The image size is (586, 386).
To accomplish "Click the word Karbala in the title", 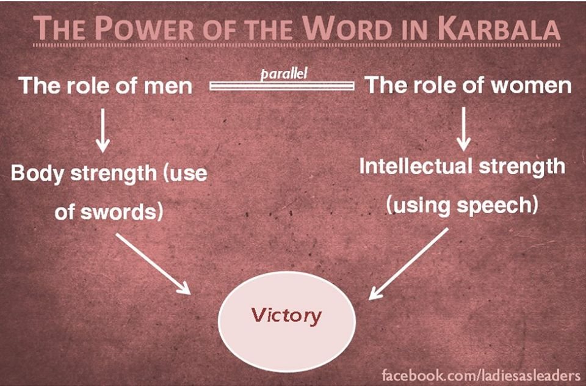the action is click(499, 29).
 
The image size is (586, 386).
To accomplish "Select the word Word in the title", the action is click(345, 29).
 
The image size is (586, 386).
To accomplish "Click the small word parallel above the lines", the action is click(284, 74).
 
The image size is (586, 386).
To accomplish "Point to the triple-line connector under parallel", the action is click(282, 86).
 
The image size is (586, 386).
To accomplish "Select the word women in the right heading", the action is click(530, 86).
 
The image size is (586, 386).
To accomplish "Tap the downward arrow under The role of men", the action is click(103, 130).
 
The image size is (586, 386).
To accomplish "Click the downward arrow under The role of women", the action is click(464, 129).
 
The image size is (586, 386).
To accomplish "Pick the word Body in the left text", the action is click(37, 174).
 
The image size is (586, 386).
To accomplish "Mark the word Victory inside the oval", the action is click(286, 315).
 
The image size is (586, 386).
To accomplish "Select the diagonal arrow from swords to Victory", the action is click(153, 264).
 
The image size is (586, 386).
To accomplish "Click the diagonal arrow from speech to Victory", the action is click(408, 264).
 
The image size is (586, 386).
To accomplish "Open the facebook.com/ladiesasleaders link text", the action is click(481, 375).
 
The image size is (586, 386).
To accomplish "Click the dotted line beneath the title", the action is click(297, 45).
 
